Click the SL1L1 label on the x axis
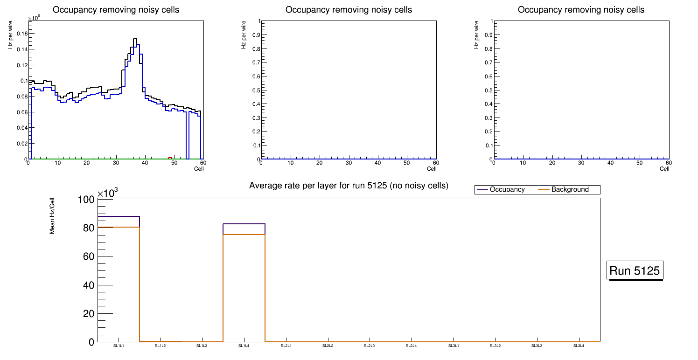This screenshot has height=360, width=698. pyautogui.click(x=118, y=346)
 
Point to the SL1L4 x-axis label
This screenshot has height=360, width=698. pyautogui.click(x=244, y=346)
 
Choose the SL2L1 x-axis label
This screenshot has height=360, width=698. pyautogui.click(x=286, y=346)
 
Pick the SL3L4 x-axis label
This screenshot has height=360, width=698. pyautogui.click(x=579, y=346)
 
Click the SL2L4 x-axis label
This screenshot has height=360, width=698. pyautogui.click(x=411, y=346)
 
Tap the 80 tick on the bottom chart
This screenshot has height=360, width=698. pyautogui.click(x=89, y=228)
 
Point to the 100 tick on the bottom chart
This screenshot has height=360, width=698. pyautogui.click(x=86, y=200)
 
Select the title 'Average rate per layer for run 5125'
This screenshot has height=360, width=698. pyautogui.click(x=349, y=186)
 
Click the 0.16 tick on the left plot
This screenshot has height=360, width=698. pyautogui.click(x=21, y=34)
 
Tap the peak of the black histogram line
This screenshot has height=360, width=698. pyautogui.click(x=135, y=39)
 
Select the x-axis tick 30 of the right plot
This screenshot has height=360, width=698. pyautogui.click(x=581, y=163)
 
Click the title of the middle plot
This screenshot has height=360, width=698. pyautogui.click(x=349, y=10)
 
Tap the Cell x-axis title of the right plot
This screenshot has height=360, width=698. pyautogui.click(x=664, y=169)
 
